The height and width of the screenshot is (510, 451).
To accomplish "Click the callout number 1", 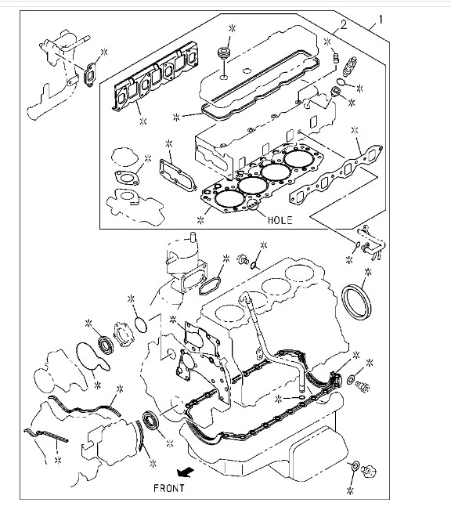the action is coord(381,20).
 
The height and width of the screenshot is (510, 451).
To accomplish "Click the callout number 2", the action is coord(344,24).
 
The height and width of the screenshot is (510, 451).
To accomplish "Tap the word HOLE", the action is coord(280,220).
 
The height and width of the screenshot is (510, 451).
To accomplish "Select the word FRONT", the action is coord(169,488).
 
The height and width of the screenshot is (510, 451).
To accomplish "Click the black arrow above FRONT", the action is coord(186,472).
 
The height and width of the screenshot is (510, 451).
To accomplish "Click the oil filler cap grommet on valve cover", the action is coord(223,53).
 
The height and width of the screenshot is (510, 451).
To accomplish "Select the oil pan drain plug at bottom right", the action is coord(370,470).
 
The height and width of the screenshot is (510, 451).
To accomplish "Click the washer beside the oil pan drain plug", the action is coord(355,466).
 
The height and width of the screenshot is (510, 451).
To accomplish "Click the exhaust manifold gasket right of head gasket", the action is coord(335,175).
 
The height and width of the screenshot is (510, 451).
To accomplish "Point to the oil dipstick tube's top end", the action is coord(244,295).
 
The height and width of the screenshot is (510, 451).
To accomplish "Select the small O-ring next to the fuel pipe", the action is coord(357,244).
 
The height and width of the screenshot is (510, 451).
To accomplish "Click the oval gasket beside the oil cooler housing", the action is coord(210,286).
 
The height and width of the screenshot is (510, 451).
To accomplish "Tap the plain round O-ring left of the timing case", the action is coord(141,324).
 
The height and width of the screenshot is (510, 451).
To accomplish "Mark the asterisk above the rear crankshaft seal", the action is coord(368,272).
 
